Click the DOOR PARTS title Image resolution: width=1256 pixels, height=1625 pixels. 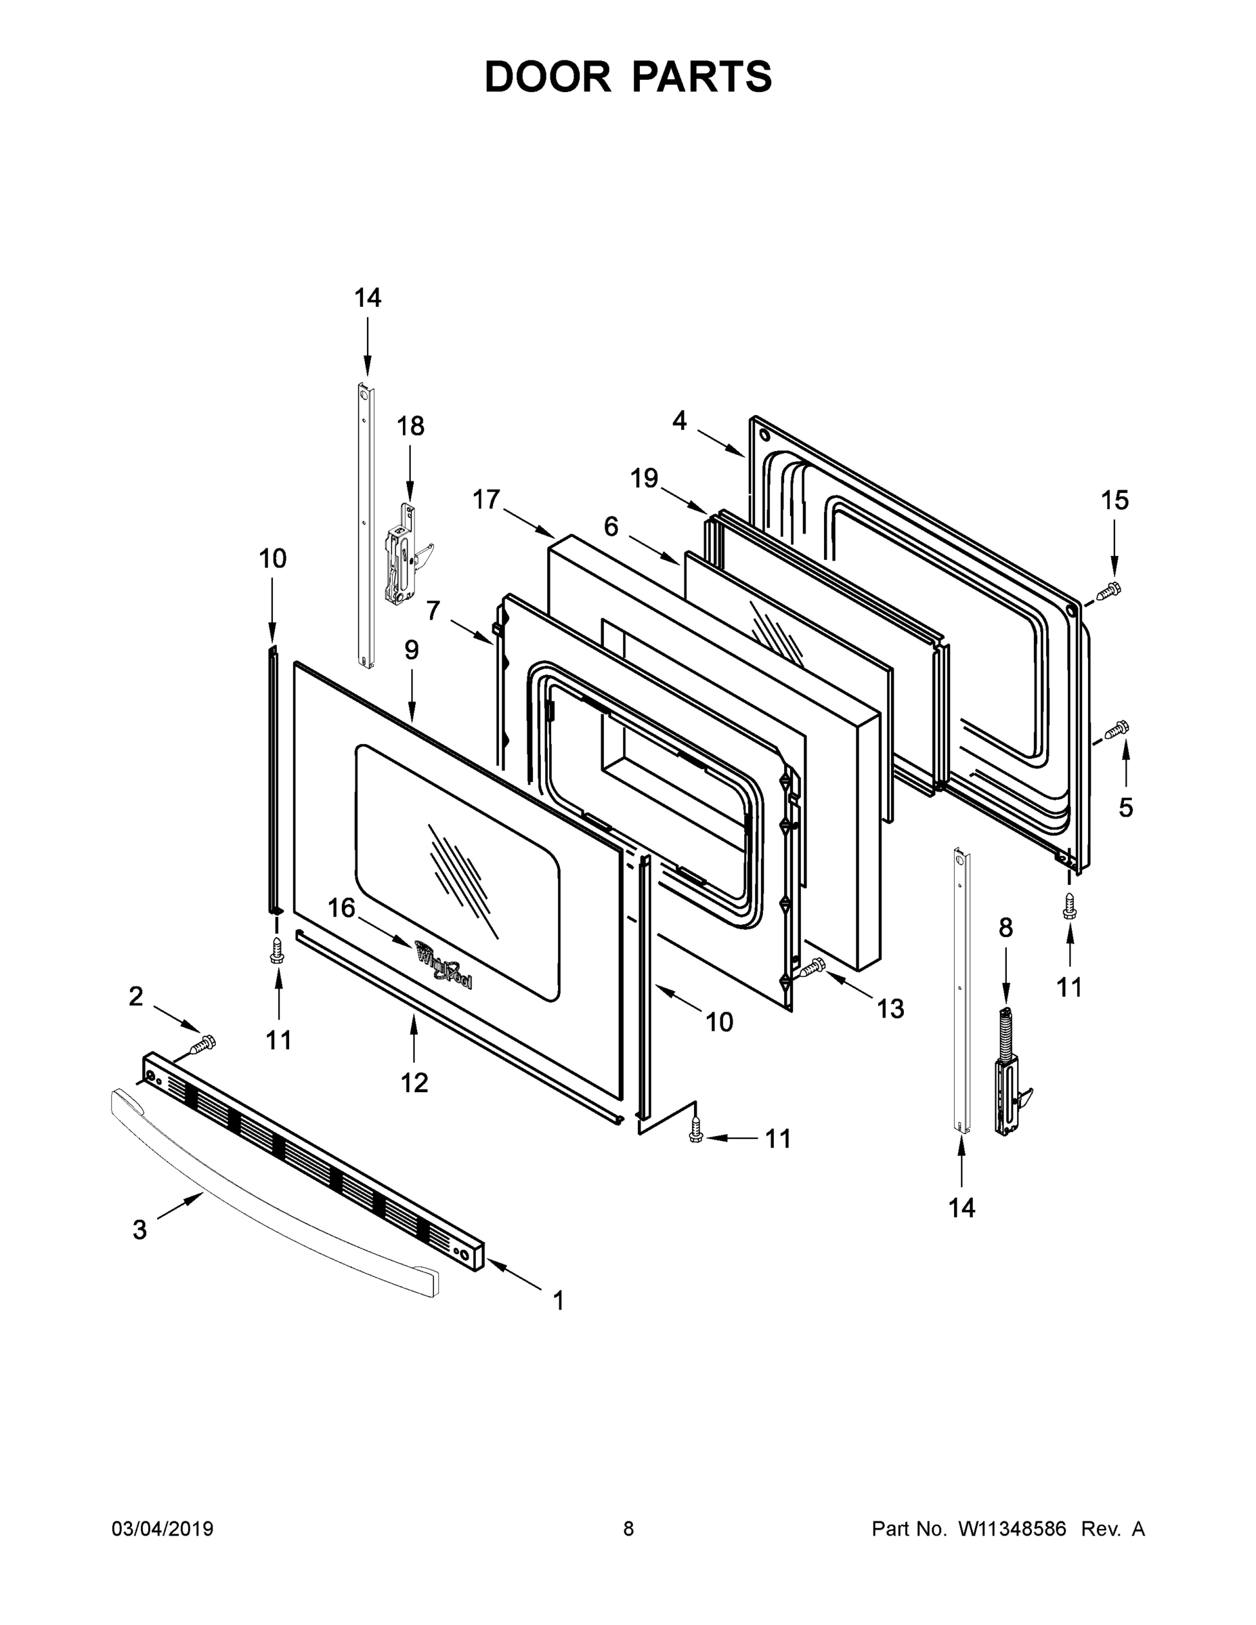[628, 77]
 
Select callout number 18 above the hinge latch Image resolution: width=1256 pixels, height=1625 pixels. [410, 427]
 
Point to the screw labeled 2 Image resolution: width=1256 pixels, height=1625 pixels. [202, 1044]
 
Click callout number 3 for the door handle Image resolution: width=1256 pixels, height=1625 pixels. [140, 1230]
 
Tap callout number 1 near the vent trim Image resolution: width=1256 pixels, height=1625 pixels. [558, 1301]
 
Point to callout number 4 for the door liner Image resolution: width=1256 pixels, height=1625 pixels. [679, 420]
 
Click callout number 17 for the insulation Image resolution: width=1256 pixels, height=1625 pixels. [487, 499]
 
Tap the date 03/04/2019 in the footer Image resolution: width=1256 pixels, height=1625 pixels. [163, 1528]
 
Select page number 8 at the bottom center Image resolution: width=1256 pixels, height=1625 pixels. [628, 1528]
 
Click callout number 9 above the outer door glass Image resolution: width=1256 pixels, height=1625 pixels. [412, 650]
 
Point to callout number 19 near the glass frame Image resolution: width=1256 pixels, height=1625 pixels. [645, 477]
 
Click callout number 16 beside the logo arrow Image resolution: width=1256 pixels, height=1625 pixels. [341, 908]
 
